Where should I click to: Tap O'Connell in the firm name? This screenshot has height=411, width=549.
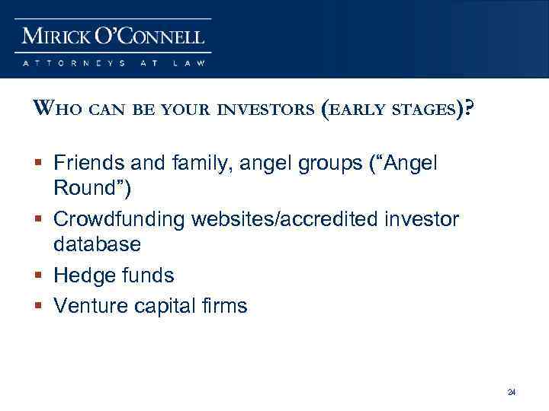[151, 36]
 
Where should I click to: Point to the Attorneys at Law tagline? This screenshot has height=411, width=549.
[114, 63]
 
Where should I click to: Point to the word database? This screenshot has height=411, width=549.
[97, 244]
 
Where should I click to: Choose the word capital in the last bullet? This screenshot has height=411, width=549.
[162, 307]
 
